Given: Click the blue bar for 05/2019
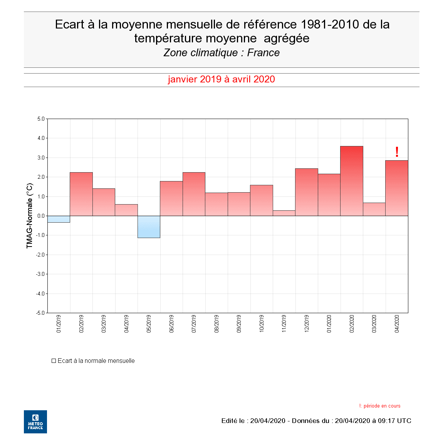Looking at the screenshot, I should (149, 227).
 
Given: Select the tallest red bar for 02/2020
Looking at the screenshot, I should (352, 181).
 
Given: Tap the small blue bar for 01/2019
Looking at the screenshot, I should (59, 219).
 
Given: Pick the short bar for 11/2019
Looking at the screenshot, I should (284, 213).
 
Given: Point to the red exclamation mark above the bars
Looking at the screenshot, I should (397, 152).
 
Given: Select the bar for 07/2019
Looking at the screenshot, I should (194, 194).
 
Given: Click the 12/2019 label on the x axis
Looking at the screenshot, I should (307, 324).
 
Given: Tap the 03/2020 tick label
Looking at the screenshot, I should (374, 324).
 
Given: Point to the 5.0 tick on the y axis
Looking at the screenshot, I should (41, 119).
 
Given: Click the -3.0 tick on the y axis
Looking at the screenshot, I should (40, 274).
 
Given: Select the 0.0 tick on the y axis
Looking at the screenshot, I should (41, 216).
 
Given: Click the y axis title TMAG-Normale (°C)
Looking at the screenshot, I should (30, 216).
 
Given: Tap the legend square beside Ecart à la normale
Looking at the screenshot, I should (54, 361).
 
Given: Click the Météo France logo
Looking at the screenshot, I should (35, 421).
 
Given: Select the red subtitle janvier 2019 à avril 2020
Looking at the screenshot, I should (221, 79).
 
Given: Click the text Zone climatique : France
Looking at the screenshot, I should (221, 53).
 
